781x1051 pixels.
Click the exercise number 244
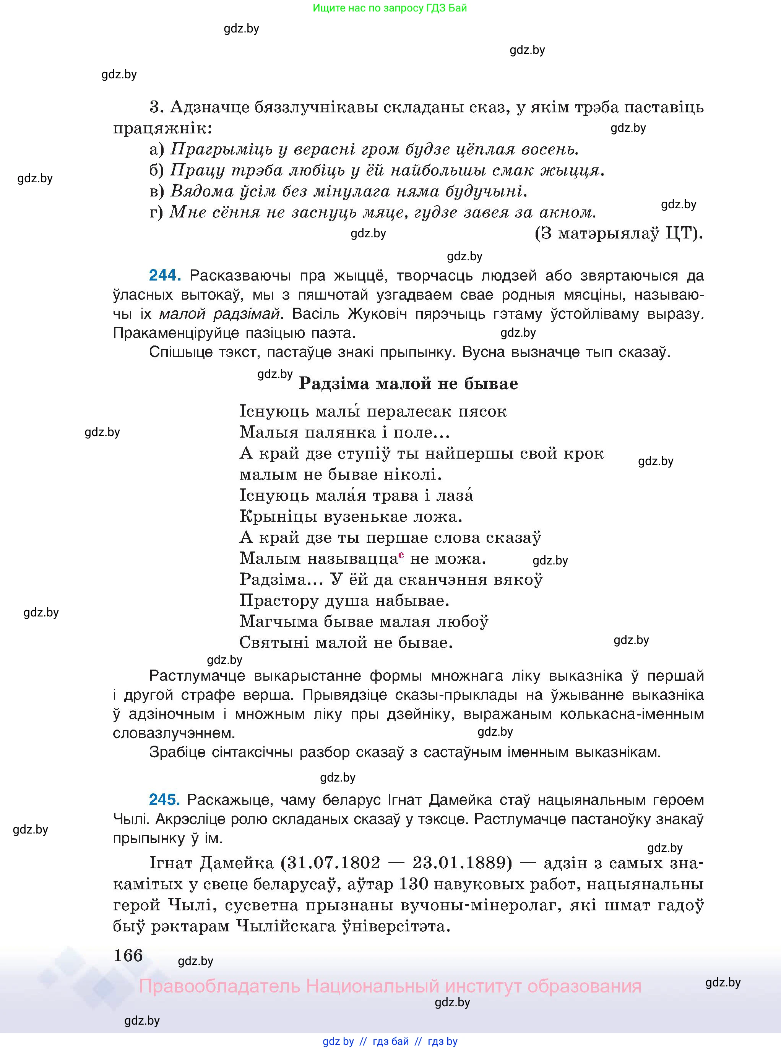pyautogui.click(x=164, y=275)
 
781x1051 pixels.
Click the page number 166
pyautogui.click(x=128, y=955)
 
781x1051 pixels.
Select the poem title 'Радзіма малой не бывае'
pyautogui.click(x=408, y=383)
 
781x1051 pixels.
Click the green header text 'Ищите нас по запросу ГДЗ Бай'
pyautogui.click(x=390, y=8)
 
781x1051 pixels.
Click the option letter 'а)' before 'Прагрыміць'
pyautogui.click(x=156, y=150)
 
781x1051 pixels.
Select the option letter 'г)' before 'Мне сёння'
pyautogui.click(x=156, y=212)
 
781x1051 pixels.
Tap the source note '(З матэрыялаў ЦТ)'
pyautogui.click(x=619, y=234)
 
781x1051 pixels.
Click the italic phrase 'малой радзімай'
pyautogui.click(x=219, y=314)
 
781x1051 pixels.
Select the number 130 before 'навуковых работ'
pyautogui.click(x=414, y=884)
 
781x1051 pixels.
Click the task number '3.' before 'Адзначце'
pyautogui.click(x=156, y=108)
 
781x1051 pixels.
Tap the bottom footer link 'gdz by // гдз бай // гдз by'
pyautogui.click(x=390, y=1041)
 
